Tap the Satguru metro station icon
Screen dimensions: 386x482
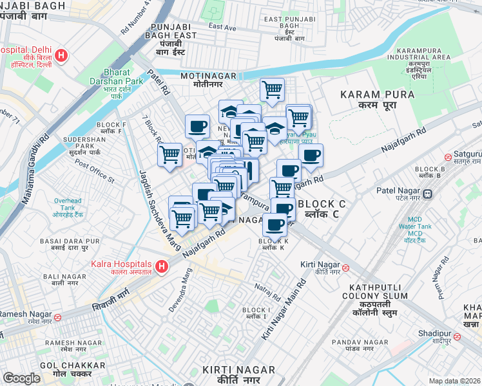coord(448,157)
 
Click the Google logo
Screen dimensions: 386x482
coord(21,378)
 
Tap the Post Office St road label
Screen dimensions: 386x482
coord(95,169)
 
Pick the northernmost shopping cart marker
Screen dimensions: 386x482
coord(273,89)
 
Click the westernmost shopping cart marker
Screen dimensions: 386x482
coord(169,154)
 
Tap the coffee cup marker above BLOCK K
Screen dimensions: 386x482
coord(275,225)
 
